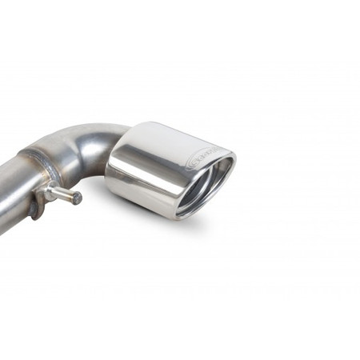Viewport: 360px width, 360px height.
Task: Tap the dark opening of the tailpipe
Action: (210, 185)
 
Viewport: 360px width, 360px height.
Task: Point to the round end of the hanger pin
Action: (77, 198)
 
